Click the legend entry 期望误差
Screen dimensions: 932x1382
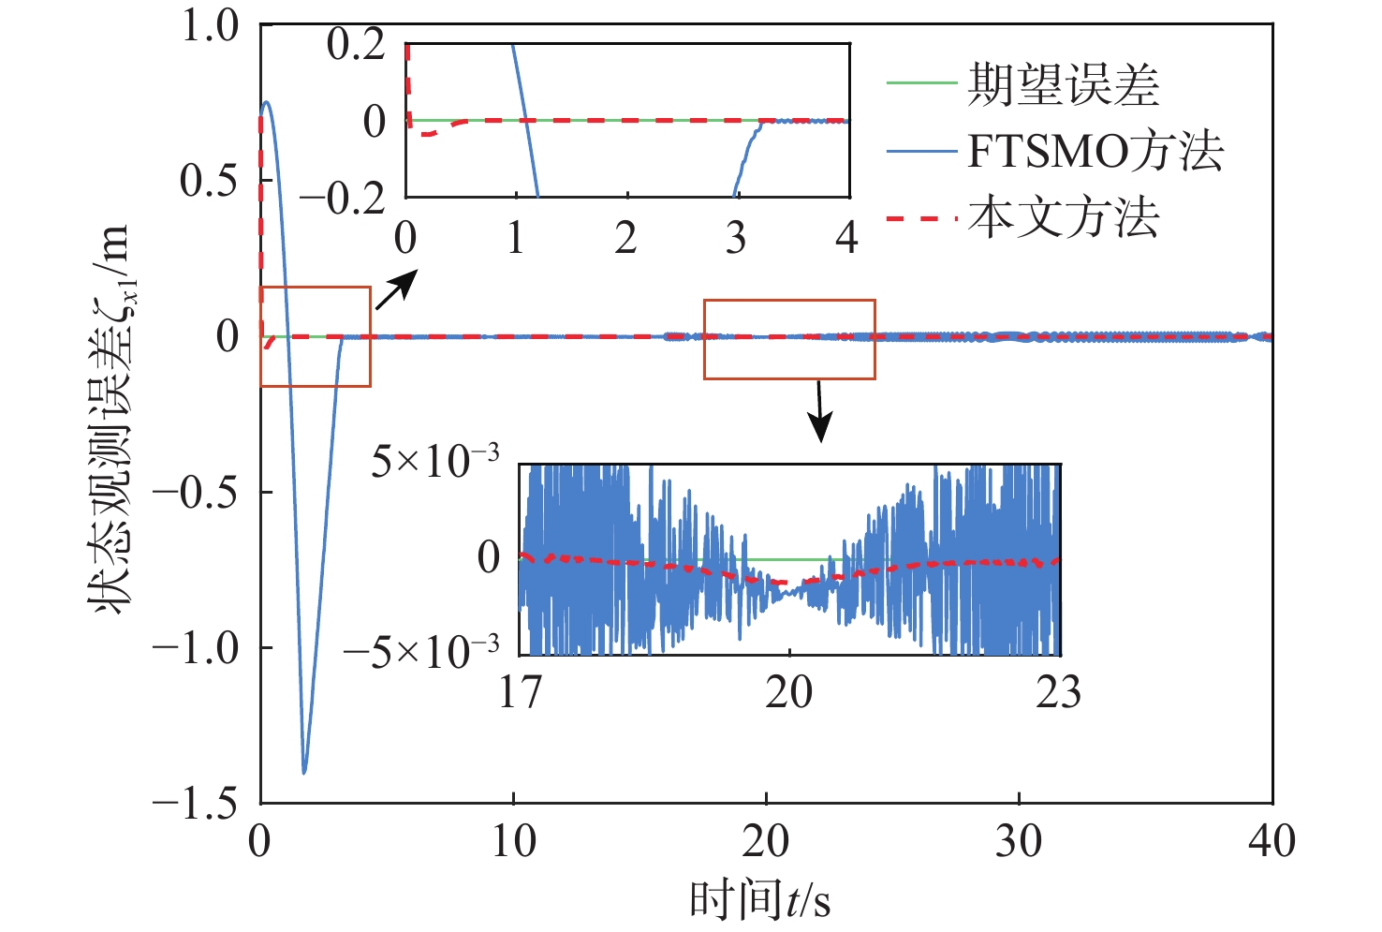pos(1063,85)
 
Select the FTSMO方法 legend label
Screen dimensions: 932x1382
pos(1095,152)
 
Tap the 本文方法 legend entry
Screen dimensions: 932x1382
pos(1063,218)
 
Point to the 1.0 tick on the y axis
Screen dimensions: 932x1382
pos(210,26)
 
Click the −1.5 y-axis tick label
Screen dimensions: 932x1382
pos(196,803)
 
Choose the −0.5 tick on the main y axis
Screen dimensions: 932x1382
pos(196,492)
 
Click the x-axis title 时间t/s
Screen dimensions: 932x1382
pos(760,900)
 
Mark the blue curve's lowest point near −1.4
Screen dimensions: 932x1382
pos(304,772)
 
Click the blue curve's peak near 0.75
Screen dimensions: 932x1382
pos(268,102)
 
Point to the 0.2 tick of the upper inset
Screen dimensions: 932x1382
pos(356,44)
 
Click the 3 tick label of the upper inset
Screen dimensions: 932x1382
pos(736,238)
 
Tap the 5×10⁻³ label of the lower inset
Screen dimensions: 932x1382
pos(435,461)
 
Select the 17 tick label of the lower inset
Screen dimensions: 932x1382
pos(520,692)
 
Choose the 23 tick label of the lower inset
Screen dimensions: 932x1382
pos(1058,692)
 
